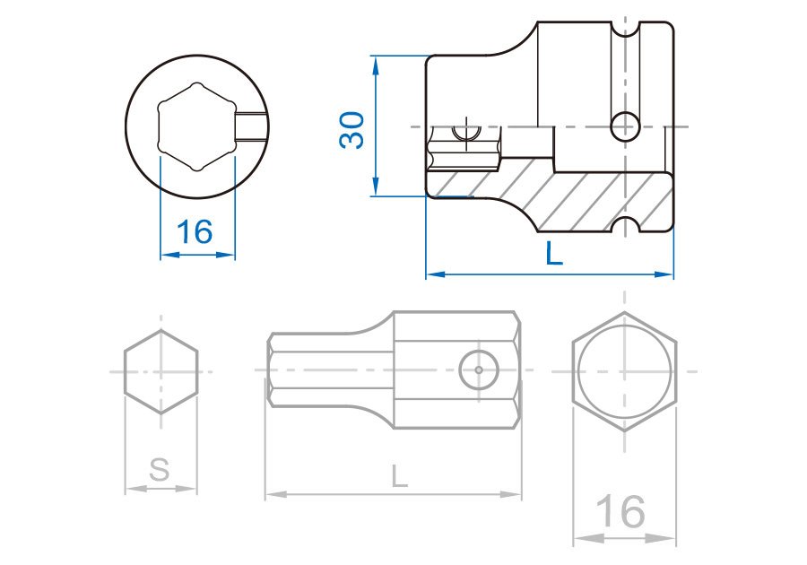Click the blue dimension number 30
click(x=352, y=130)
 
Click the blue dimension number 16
click(x=194, y=232)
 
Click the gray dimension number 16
click(x=620, y=511)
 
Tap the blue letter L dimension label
click(x=554, y=254)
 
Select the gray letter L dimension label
click(x=399, y=476)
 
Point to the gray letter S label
click(x=159, y=469)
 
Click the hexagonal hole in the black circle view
click(x=196, y=126)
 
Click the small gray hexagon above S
click(x=161, y=371)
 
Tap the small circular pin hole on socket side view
click(x=625, y=126)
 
